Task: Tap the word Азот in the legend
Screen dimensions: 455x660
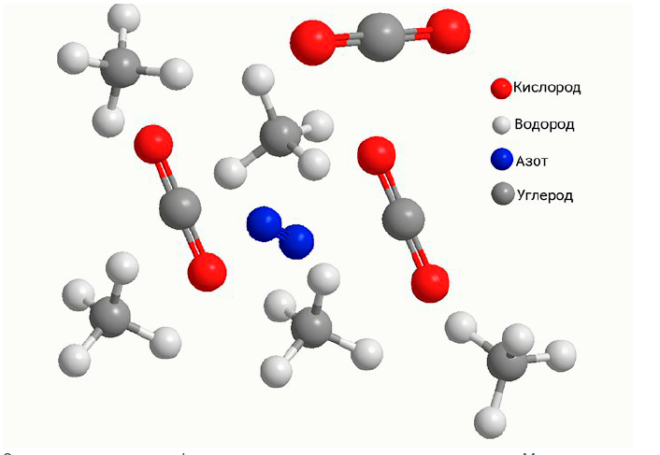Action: (531, 160)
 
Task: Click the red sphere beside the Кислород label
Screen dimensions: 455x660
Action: (501, 89)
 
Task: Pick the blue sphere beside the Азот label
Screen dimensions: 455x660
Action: (502, 160)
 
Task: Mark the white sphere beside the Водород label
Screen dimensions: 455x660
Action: (502, 125)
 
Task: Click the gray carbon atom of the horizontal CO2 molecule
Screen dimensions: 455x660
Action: (380, 37)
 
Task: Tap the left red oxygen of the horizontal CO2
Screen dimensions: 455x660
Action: (312, 41)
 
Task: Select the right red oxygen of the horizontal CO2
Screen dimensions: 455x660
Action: (446, 32)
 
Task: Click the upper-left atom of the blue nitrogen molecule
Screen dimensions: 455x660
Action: (264, 224)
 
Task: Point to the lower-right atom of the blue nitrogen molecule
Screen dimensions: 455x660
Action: (296, 241)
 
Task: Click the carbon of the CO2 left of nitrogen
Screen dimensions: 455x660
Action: (179, 207)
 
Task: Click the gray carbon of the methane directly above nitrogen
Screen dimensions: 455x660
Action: (278, 135)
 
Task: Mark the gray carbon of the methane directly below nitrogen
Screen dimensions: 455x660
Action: (310, 329)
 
